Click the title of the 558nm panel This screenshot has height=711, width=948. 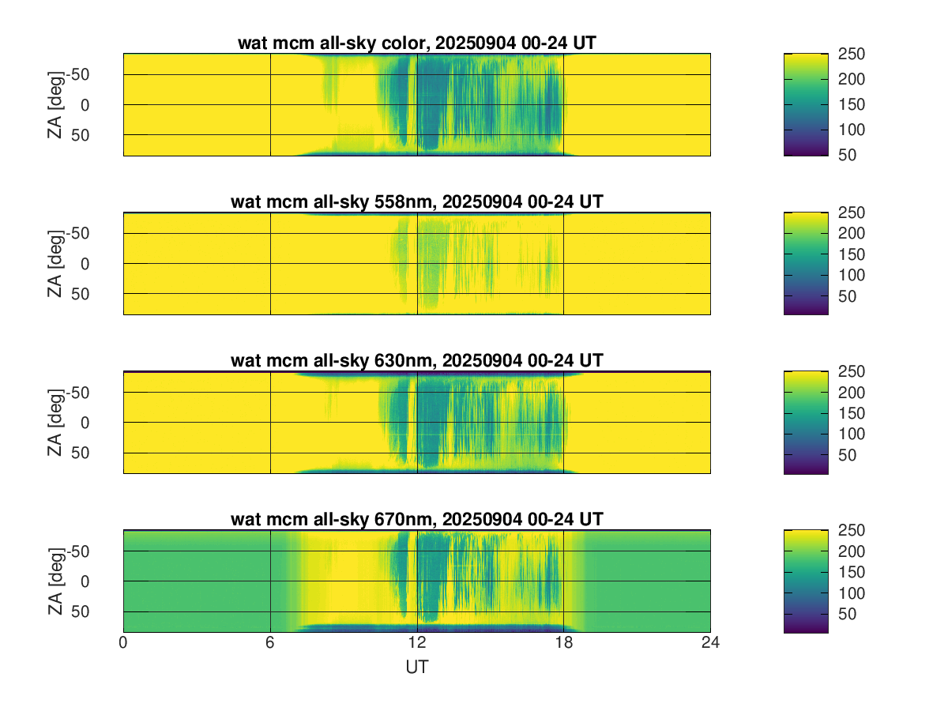416,201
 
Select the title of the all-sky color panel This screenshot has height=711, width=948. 416,43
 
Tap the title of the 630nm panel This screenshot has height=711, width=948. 416,360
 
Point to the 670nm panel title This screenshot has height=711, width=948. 416,519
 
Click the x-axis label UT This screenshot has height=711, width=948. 416,668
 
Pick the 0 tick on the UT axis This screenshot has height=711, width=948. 123,644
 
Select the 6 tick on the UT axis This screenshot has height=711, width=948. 270,644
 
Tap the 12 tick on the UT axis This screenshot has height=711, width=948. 417,644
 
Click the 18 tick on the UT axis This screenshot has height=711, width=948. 564,644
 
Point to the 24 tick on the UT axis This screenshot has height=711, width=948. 710,644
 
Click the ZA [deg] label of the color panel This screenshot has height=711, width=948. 55,104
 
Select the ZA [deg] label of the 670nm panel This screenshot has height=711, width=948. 55,581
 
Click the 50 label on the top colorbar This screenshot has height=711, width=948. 848,155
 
